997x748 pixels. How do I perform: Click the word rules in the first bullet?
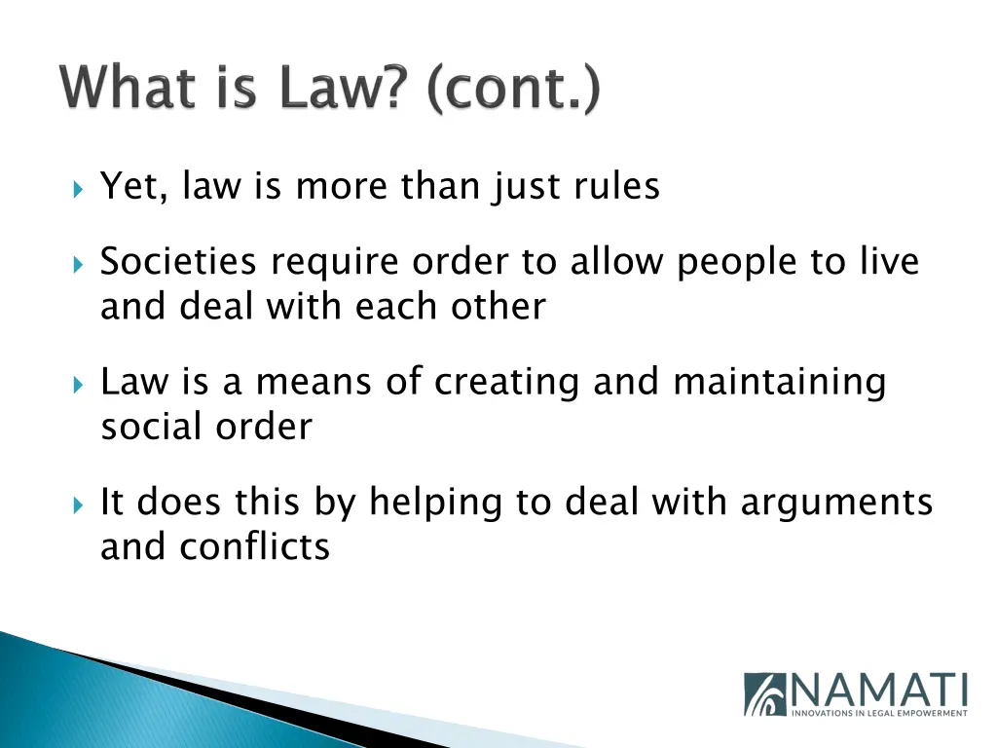[x=616, y=185]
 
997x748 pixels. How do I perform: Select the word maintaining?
[x=779, y=383]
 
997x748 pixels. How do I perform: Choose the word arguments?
[x=836, y=504]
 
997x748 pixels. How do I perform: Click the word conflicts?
[x=254, y=546]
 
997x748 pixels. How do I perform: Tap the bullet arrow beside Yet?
[x=80, y=186]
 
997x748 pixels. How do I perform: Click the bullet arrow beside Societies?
[x=80, y=263]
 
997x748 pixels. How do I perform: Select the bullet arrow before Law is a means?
[x=80, y=383]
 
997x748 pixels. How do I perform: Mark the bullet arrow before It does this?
[x=80, y=504]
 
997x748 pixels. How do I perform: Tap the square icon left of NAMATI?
[x=765, y=694]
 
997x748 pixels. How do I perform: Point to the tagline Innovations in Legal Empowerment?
[x=878, y=714]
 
